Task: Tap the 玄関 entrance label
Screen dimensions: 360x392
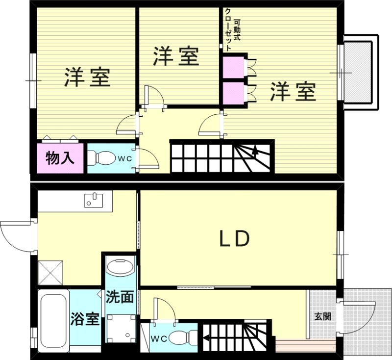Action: click(x=322, y=316)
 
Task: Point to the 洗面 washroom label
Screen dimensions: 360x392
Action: click(x=120, y=297)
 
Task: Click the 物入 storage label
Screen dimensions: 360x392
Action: click(x=60, y=158)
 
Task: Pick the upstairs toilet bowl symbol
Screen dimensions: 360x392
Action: click(x=100, y=158)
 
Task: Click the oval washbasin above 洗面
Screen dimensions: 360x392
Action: click(x=120, y=268)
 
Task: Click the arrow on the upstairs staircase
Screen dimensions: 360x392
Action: click(x=255, y=151)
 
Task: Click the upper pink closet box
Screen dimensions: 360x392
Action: click(x=233, y=68)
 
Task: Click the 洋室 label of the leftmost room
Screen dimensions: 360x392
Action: click(x=87, y=77)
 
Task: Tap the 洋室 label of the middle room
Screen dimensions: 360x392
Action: click(x=176, y=56)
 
